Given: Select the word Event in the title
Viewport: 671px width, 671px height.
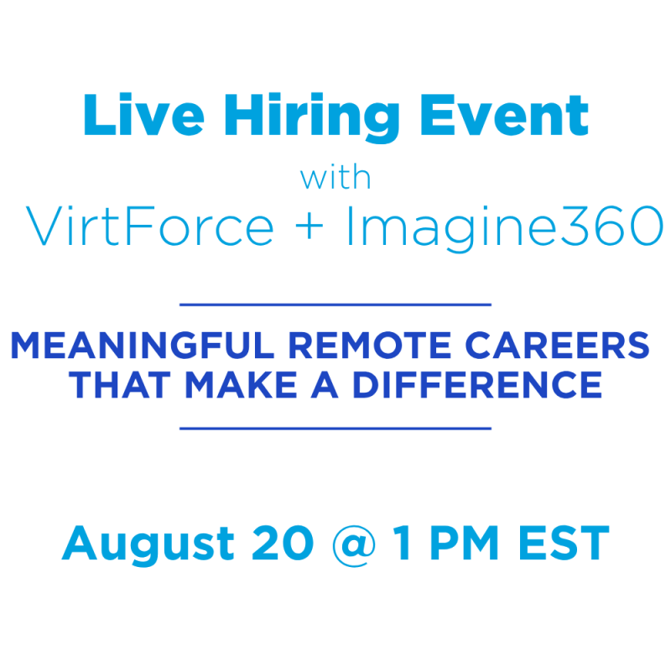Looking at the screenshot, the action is tap(505, 115).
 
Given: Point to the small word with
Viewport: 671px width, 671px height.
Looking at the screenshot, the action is tap(335, 177).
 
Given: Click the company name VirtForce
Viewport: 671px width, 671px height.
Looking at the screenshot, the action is tap(150, 226).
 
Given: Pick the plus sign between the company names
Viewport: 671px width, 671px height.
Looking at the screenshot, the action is tap(309, 226).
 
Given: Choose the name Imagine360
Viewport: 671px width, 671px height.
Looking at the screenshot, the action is tap(505, 227).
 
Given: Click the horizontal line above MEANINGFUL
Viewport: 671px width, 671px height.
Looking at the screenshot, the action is tap(335, 304).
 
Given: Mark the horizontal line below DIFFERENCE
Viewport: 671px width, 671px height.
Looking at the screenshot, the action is tap(335, 428).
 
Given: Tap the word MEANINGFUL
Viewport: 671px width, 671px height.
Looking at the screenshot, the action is tap(143, 346).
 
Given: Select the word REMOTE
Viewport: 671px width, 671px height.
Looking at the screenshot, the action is tap(370, 346).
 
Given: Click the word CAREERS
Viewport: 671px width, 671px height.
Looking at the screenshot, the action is tap(557, 346).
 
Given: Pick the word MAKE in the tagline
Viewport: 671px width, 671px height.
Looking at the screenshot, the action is tap(242, 385).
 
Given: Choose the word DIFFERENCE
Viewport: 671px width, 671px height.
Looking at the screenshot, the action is tap(477, 385).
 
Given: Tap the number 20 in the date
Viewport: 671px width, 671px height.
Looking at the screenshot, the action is tap(283, 543).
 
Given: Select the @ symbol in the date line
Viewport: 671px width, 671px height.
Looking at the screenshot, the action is tap(354, 546).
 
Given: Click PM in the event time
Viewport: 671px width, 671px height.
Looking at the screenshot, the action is tap(464, 543).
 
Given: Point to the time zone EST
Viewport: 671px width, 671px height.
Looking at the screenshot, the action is tap(564, 543).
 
